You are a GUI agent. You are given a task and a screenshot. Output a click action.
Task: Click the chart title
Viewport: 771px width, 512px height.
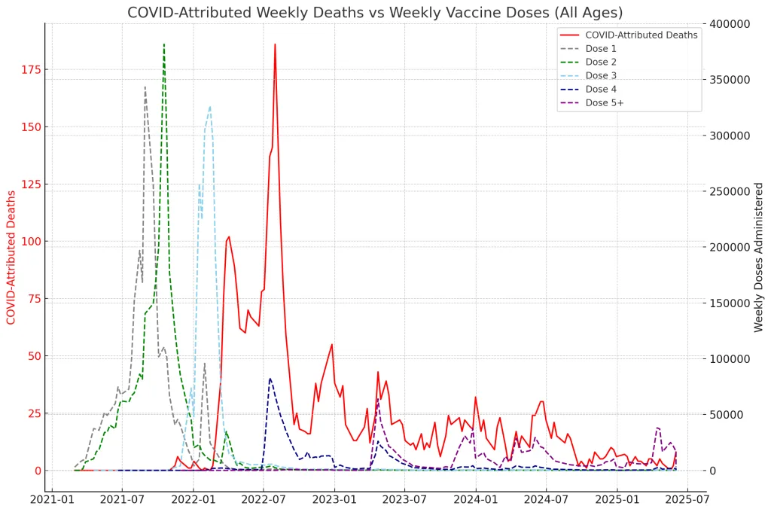coord(375,13)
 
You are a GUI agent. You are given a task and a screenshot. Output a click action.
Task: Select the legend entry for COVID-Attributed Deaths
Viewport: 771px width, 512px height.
coord(641,35)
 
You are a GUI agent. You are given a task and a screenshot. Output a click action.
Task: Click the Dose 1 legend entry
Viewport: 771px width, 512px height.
coord(601,48)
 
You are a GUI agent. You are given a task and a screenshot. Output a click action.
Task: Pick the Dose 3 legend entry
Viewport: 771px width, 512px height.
coord(601,75)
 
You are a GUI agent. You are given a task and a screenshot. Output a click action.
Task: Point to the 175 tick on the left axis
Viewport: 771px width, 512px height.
coord(31,70)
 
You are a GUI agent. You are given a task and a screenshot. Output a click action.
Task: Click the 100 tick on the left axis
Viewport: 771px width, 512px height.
coord(31,242)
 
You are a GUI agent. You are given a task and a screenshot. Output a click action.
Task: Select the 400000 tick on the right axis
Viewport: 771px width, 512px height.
coord(730,24)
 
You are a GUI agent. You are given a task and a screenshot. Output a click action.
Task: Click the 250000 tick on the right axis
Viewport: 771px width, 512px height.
coord(730,191)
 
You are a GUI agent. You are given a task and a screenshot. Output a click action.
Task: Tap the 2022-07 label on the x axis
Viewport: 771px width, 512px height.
coord(264,498)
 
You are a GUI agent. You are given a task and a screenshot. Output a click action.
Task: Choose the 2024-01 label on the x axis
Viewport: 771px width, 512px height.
coord(476,498)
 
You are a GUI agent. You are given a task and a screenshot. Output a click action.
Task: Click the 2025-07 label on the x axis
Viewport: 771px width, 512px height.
coord(688,498)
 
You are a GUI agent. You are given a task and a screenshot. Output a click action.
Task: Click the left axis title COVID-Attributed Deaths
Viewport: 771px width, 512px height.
coord(11,258)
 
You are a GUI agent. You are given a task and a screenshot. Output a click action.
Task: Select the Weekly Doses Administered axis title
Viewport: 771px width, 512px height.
coord(758,258)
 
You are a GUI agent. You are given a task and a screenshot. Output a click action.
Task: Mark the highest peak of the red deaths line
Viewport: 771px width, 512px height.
coord(275,44)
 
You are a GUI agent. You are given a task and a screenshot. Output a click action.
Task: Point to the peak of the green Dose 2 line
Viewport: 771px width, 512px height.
coord(163,44)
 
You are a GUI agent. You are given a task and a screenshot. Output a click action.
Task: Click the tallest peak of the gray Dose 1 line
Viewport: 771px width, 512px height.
coord(145,87)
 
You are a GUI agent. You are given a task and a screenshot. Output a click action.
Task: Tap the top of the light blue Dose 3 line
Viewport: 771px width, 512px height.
coord(210,106)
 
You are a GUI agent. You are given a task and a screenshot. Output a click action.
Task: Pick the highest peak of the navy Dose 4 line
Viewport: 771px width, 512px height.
coord(270,378)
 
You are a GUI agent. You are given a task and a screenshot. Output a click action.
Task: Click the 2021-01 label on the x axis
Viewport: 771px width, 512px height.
coord(51,498)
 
